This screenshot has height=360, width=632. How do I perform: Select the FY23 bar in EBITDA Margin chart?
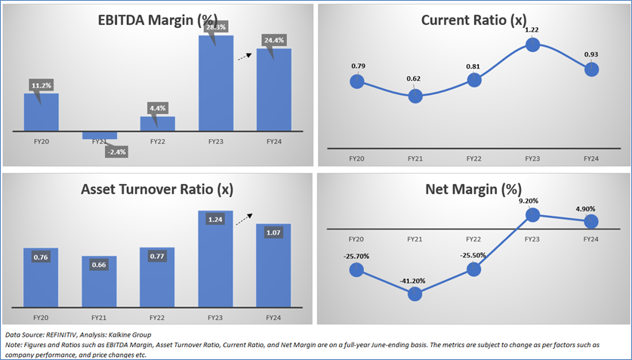coord(215,83)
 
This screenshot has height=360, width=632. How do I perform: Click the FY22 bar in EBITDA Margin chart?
coord(157,124)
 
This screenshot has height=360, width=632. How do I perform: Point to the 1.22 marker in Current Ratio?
coord(532,45)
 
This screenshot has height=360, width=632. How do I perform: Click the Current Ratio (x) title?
coord(473,20)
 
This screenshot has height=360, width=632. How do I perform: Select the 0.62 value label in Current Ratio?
coord(415,78)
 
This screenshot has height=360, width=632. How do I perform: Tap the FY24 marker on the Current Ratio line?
coord(591,69)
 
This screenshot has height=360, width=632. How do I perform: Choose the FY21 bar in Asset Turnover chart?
coord(99,280)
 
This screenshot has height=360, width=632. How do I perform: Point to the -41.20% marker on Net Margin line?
coord(415,294)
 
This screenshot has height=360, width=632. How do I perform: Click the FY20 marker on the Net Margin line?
coord(356,269)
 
